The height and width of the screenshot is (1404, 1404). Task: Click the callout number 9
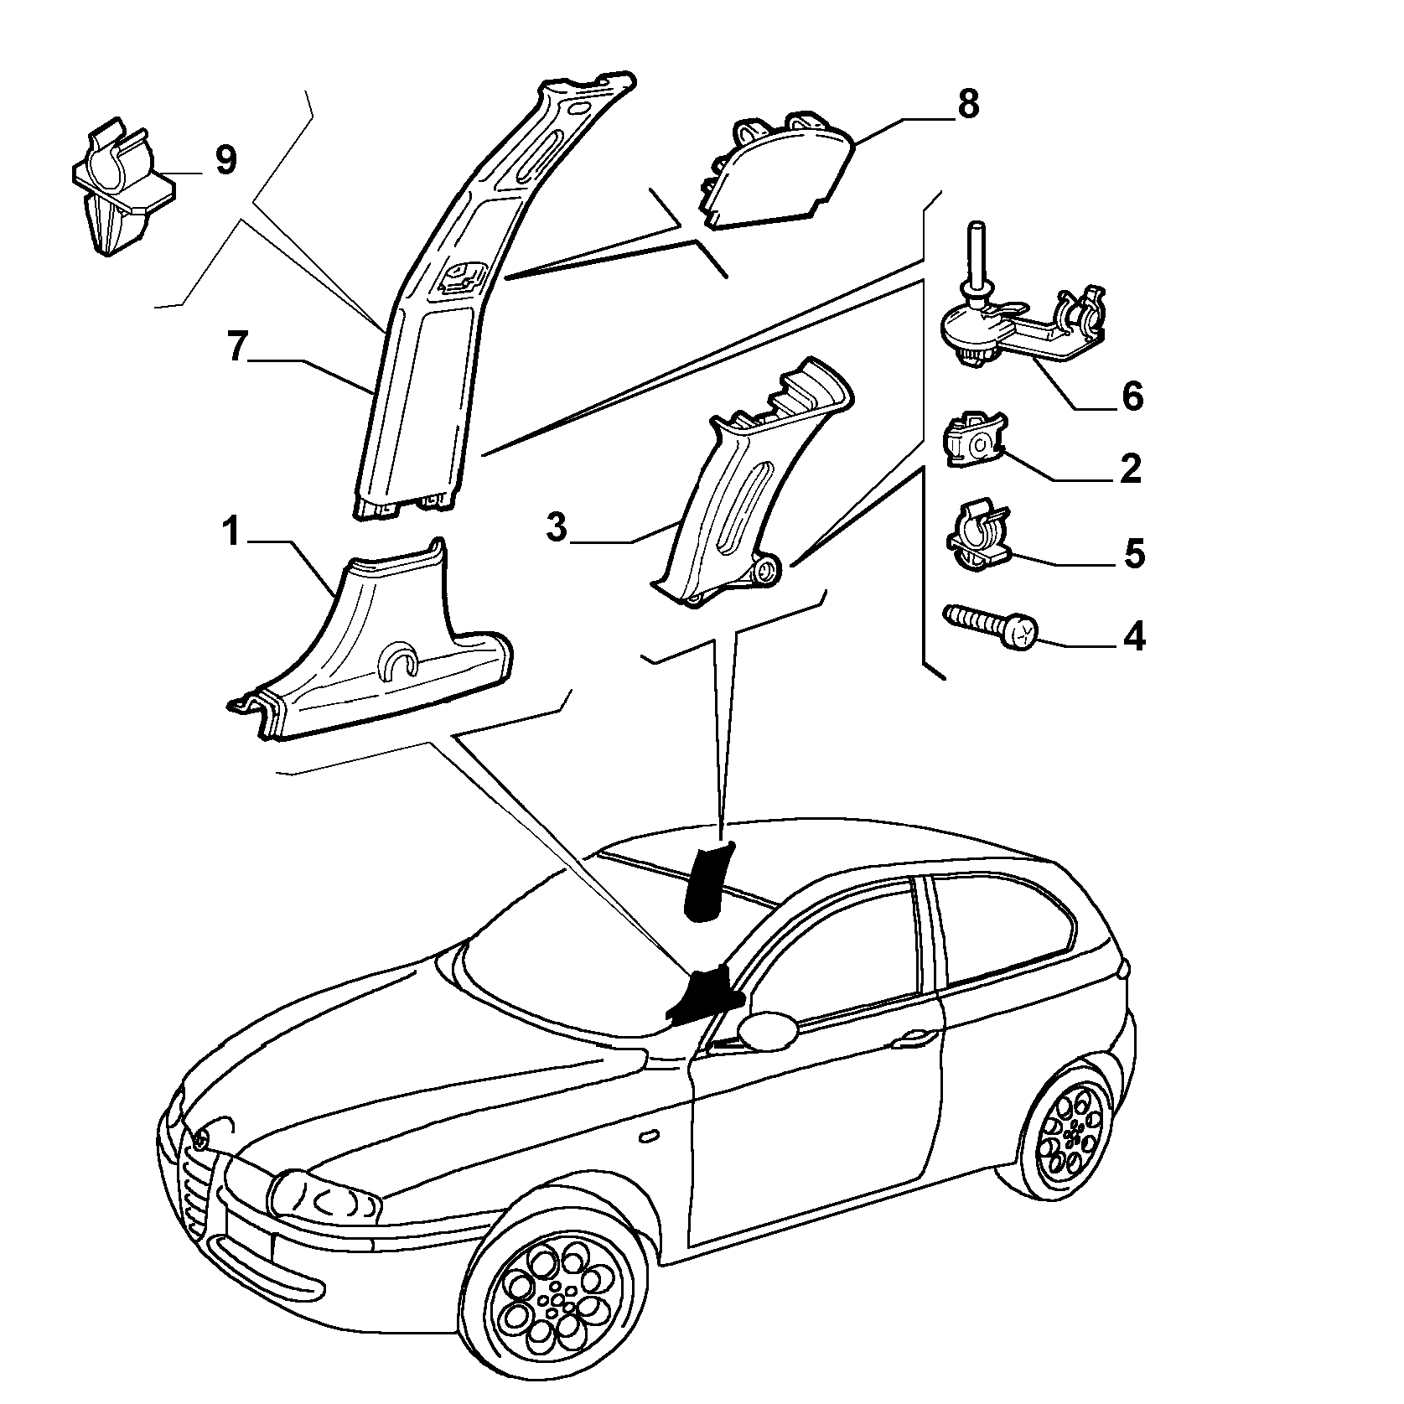[225, 159]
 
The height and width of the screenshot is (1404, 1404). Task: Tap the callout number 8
[967, 104]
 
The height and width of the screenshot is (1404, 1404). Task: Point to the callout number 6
[1132, 395]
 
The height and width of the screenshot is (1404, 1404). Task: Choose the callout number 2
[1131, 468]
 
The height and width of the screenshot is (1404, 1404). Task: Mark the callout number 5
[1133, 553]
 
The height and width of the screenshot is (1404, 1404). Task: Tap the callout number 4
[1133, 637]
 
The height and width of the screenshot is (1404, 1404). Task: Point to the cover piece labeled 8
[775, 172]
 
